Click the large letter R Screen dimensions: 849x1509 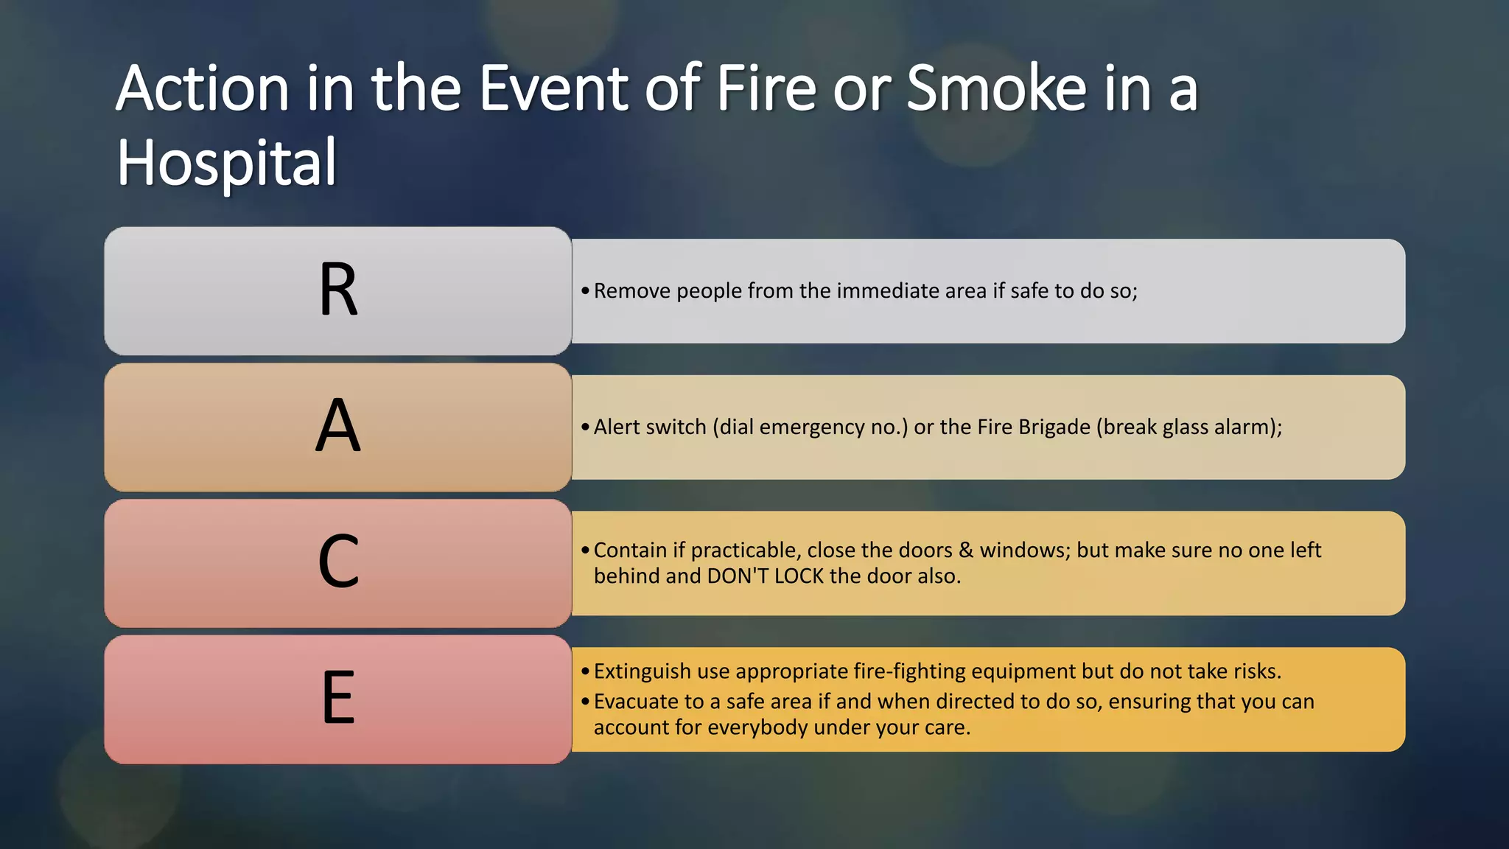point(338,290)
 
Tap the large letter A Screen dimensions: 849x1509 point(338,426)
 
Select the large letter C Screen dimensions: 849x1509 point(338,562)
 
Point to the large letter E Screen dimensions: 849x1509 point(338,698)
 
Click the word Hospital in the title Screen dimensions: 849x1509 point(227,163)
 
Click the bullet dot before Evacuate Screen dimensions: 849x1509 point(585,702)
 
